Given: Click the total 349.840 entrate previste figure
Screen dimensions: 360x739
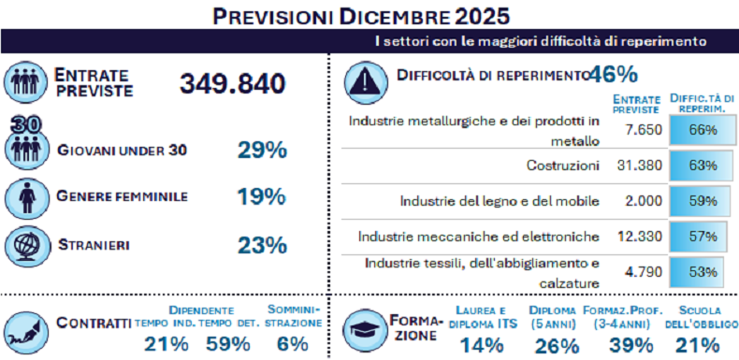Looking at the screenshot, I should click(232, 83).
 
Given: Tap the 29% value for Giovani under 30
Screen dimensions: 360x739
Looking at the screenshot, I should click(261, 150).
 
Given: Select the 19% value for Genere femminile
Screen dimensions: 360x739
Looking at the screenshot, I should click(261, 196).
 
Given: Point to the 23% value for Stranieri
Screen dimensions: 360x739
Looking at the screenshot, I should click(261, 245).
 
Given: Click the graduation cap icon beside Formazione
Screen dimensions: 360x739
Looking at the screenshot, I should click(363, 330).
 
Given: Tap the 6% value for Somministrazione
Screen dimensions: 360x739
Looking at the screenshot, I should click(292, 343).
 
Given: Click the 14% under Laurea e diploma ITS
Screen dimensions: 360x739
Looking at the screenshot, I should click(483, 345).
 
